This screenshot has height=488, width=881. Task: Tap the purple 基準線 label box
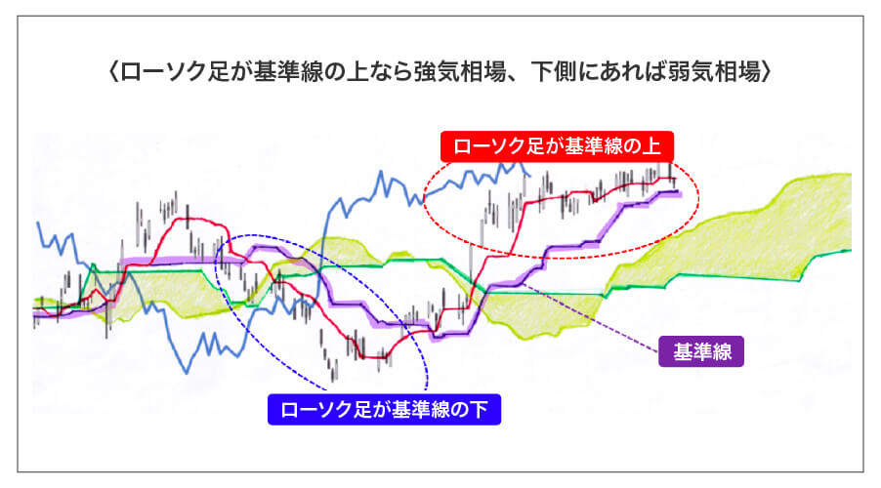pyautogui.click(x=700, y=350)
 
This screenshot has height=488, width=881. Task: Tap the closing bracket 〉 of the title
pyautogui.click(x=768, y=73)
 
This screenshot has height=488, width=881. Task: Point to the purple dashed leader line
pyautogui.click(x=586, y=317)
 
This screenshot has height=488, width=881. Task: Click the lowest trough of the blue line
pyautogui.click(x=185, y=370)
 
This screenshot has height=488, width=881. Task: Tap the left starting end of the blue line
pyautogui.click(x=38, y=224)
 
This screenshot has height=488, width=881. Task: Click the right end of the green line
pyautogui.click(x=849, y=250)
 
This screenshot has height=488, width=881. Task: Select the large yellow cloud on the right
pyautogui.click(x=742, y=229)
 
